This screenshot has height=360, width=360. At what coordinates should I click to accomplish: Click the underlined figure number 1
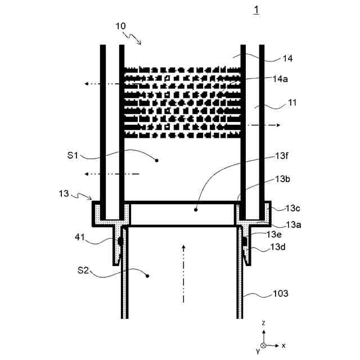click(x=256, y=10)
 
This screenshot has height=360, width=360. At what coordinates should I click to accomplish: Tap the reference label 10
click(x=121, y=26)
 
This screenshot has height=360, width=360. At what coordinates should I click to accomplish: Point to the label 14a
click(x=280, y=79)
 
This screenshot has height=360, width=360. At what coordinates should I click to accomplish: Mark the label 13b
click(x=282, y=179)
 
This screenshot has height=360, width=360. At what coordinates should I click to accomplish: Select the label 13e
click(x=275, y=234)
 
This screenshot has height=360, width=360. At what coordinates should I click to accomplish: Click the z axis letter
click(x=264, y=323)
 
